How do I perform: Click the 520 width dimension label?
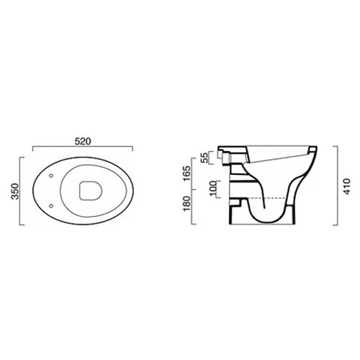point(83,141)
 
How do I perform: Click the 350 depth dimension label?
point(15,191)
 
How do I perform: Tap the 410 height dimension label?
point(347,186)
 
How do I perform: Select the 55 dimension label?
point(204,158)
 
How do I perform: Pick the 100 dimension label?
point(213,189)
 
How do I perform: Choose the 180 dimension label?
point(186,203)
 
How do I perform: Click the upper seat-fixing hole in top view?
point(51,176)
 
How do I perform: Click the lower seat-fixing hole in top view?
point(51,206)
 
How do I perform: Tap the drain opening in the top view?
point(91,190)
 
